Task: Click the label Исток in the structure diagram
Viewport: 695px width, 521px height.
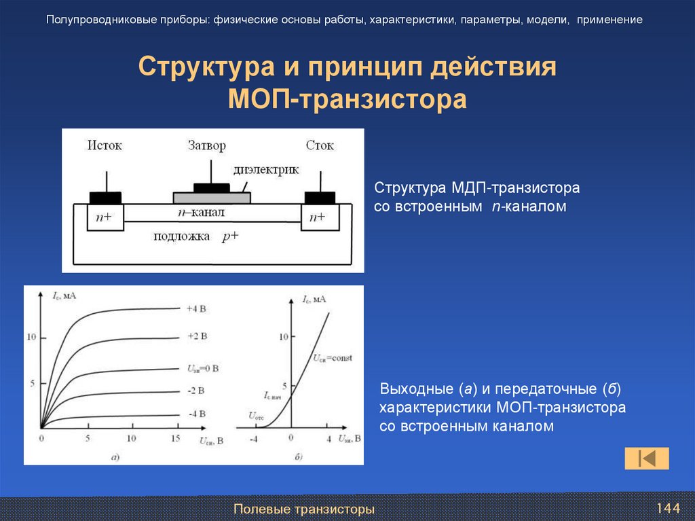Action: (x=105, y=145)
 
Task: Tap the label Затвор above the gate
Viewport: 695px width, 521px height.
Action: (x=206, y=145)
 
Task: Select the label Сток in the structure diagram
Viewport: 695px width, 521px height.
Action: (x=320, y=145)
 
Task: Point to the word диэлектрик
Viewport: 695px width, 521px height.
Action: (x=266, y=170)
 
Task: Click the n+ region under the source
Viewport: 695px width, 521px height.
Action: (x=105, y=217)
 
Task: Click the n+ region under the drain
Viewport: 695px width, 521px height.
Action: (x=317, y=217)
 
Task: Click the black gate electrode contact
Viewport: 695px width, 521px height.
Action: (x=211, y=187)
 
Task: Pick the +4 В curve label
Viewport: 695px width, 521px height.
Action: (x=196, y=308)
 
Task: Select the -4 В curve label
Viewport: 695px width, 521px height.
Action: (x=196, y=414)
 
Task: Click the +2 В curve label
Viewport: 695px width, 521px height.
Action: (x=196, y=337)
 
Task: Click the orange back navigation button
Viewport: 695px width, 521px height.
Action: (x=647, y=459)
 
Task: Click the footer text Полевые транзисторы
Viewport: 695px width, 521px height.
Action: (x=304, y=509)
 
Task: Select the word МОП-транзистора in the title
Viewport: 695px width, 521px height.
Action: (x=347, y=99)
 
